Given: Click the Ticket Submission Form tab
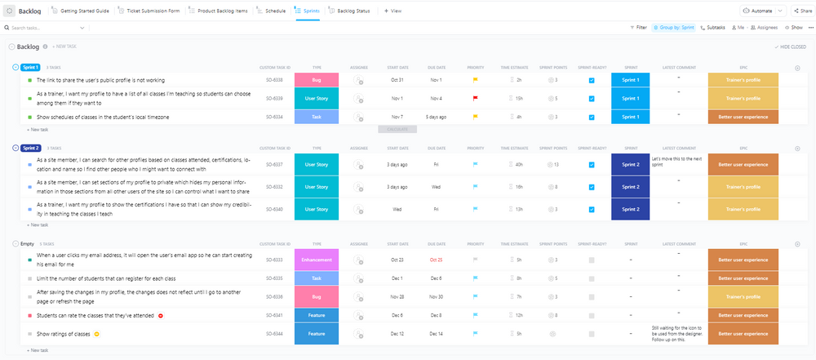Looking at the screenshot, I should point(153,11).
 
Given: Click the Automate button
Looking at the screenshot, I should point(763,11).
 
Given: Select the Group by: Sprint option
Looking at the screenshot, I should point(676,27).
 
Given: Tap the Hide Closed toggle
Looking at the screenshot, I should point(791,47).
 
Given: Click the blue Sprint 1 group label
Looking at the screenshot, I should point(31,67).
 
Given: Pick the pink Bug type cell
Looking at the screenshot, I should point(317,80).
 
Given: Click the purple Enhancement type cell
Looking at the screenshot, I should point(317,260).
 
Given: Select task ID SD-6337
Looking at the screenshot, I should point(274,164).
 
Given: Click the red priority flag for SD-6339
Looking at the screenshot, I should point(476,98).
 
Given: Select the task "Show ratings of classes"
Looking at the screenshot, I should point(64,334).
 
